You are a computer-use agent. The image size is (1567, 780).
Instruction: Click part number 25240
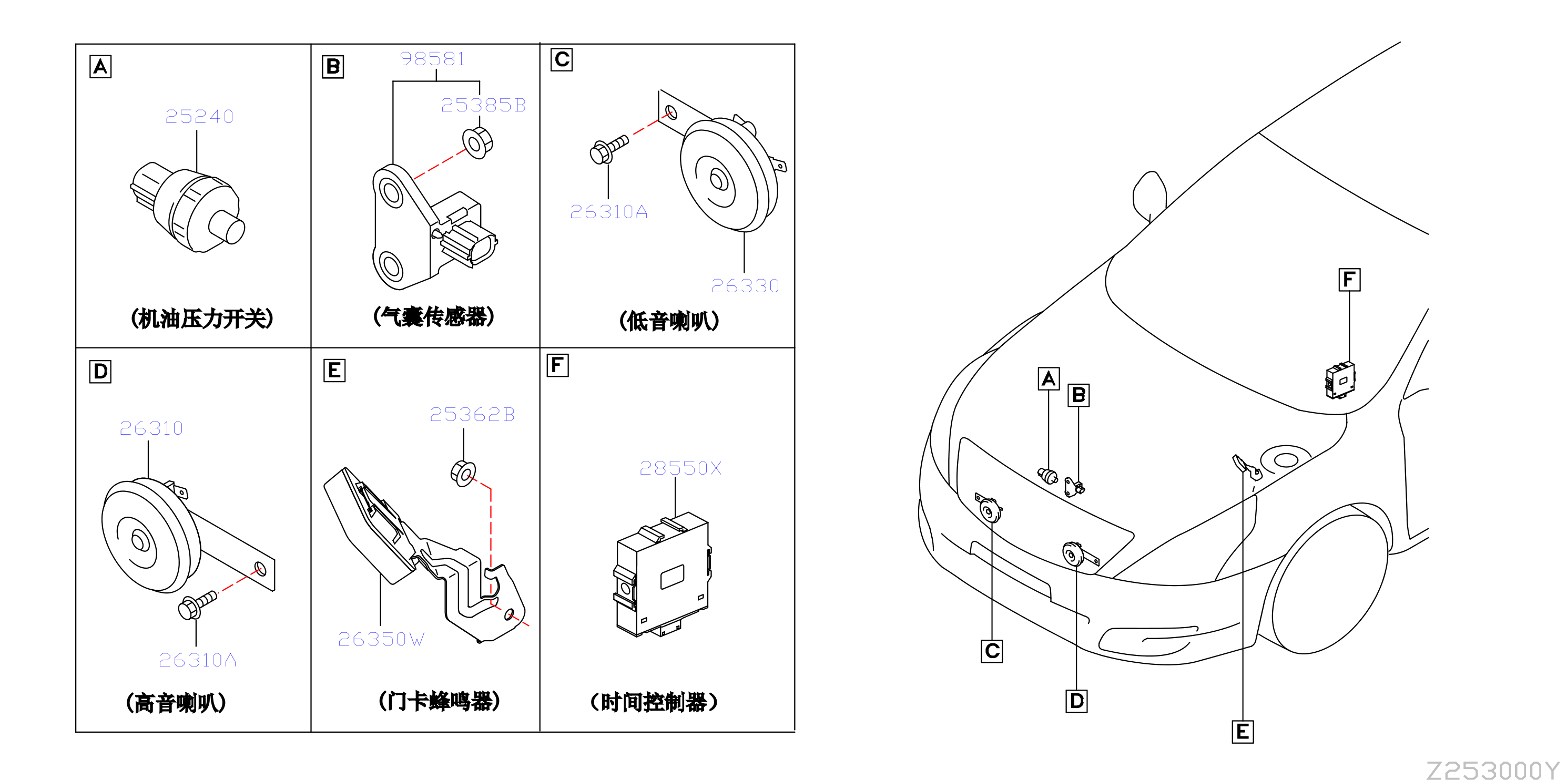199,116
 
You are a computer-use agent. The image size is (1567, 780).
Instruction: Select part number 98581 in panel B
433,58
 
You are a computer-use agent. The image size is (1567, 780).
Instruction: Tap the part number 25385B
483,105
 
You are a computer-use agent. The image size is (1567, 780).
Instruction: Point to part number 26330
745,286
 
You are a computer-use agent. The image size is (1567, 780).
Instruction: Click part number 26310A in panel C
608,212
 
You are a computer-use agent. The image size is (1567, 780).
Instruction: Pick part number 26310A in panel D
198,660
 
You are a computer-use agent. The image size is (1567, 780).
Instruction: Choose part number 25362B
472,415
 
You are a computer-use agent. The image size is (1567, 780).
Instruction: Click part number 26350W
381,639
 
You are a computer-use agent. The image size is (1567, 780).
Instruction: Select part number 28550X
680,468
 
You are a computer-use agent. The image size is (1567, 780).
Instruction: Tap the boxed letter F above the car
1349,280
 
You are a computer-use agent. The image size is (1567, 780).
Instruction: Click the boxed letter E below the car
1242,731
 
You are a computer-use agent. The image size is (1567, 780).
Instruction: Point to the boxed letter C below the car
992,651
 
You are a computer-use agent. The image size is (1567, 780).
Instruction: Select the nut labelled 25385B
477,143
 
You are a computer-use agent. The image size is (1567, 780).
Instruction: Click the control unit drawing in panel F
662,574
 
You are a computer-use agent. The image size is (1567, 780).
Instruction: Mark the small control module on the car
1340,381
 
